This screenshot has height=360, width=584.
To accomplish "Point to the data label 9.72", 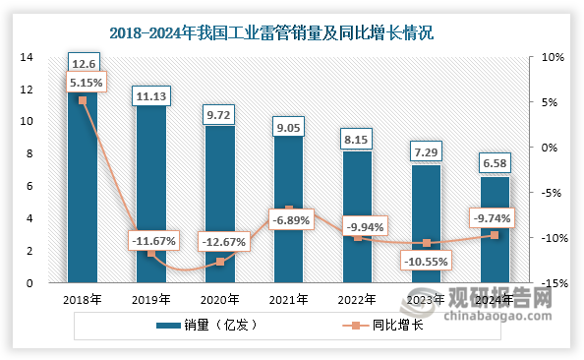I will coord(220,116).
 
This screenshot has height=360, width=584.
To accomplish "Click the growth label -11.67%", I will coord(151,241).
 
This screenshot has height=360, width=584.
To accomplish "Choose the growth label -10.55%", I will coord(426,263).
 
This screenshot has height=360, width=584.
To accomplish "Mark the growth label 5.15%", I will coord(82,86).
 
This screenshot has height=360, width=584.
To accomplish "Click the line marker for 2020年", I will coord(220,262).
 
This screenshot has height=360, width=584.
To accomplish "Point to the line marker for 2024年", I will coord(495,235).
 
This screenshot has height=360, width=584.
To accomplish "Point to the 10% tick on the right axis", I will coord(553,57).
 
